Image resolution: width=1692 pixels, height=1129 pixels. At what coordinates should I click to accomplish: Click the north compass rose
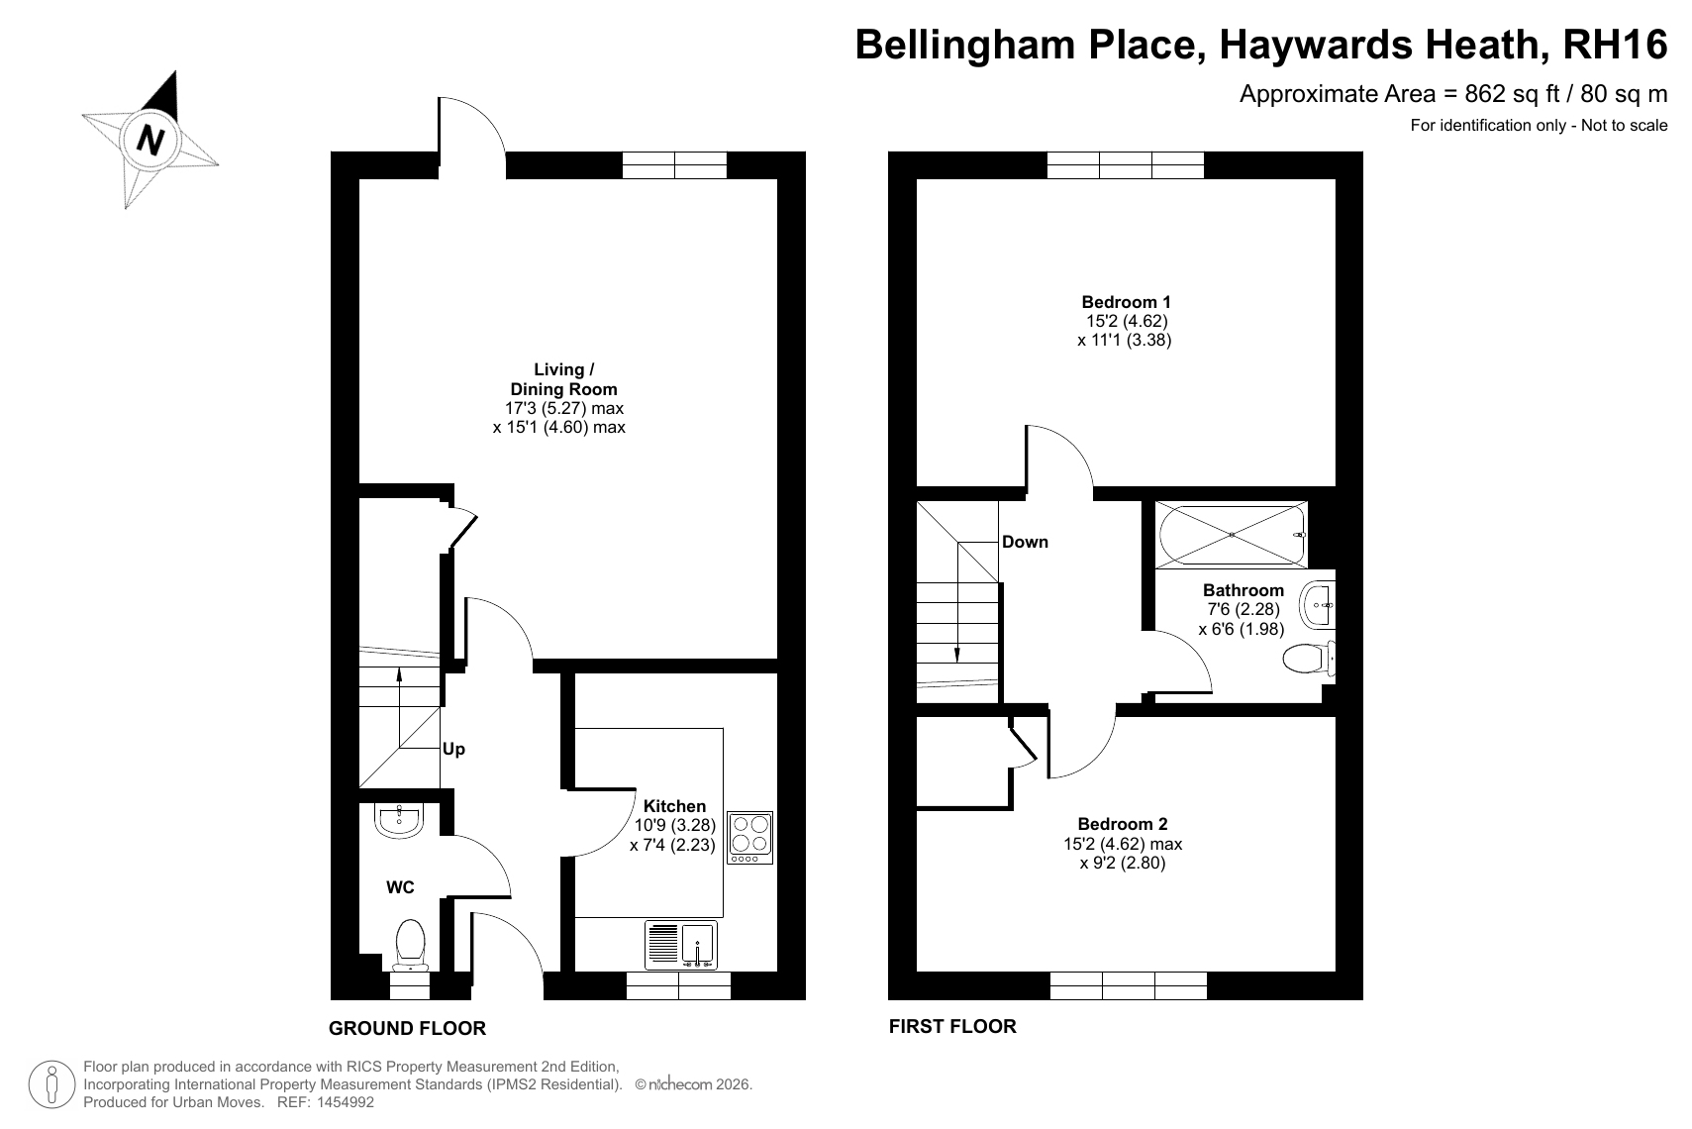[150, 140]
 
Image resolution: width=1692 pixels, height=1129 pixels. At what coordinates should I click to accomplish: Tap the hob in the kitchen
[749, 837]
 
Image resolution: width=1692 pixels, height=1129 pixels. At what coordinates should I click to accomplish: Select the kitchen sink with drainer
[680, 945]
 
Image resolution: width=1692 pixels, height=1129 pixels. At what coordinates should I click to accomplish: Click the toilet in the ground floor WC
[410, 945]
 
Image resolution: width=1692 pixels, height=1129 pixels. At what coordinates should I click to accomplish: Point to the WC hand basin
[398, 820]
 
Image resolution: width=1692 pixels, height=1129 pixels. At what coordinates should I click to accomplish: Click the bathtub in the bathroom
[1232, 535]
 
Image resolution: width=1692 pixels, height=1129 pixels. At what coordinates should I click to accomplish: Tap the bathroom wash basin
[1318, 604]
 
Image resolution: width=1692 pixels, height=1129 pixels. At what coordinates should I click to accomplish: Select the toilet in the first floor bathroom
[1309, 659]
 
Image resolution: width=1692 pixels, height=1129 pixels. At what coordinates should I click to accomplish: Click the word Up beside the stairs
[453, 749]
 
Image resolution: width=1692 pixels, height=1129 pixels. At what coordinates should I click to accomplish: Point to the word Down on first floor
[1025, 542]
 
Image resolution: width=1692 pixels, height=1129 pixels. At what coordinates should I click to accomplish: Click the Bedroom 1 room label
[1126, 302]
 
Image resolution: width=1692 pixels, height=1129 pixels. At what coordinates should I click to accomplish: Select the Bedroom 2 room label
[1123, 824]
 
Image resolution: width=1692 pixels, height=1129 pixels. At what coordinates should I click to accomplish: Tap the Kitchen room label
[674, 806]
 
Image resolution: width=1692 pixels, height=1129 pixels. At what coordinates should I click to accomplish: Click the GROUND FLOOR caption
[407, 1029]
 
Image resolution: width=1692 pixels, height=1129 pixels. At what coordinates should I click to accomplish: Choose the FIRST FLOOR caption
[952, 1026]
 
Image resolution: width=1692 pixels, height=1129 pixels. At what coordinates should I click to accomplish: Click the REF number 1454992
[345, 1102]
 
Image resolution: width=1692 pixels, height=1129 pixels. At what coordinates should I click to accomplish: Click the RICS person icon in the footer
[52, 1084]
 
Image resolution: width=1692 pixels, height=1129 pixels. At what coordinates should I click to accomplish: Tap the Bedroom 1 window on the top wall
[1126, 164]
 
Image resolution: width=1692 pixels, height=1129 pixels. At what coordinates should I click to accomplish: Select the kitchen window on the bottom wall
[678, 985]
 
